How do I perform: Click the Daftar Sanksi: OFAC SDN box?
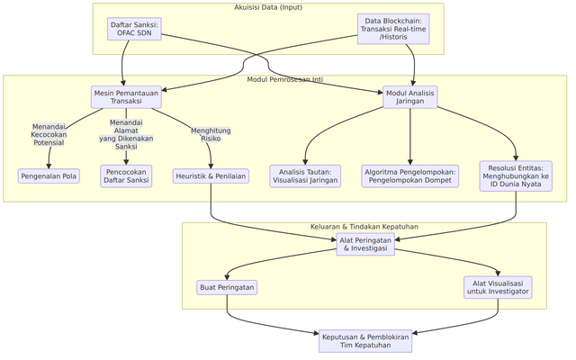(x=134, y=29)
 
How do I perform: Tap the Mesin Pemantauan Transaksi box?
(x=126, y=96)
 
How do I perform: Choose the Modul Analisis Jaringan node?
(x=409, y=96)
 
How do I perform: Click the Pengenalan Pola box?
(x=49, y=176)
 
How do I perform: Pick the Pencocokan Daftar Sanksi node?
(x=126, y=175)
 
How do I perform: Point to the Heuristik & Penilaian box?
(x=211, y=176)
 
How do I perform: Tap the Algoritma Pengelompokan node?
(x=409, y=175)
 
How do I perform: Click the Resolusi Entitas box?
(x=516, y=175)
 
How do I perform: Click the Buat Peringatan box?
(x=227, y=287)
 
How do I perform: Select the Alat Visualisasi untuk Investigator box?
(x=499, y=287)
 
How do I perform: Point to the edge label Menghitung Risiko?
(x=211, y=135)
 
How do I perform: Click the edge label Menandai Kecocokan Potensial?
(x=49, y=135)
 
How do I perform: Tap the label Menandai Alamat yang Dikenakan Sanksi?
(x=126, y=135)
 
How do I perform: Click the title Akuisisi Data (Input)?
(x=268, y=8)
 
